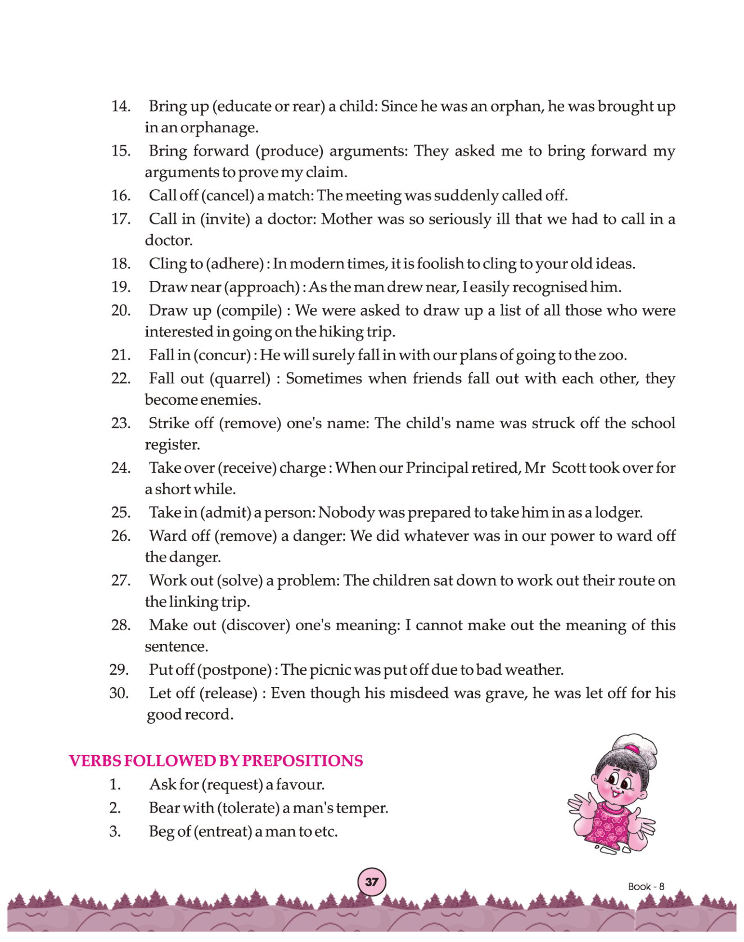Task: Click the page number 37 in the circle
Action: point(372,882)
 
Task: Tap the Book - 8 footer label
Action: point(646,887)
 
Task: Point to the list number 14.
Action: point(120,106)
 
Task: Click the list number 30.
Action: point(119,693)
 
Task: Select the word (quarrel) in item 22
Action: point(240,378)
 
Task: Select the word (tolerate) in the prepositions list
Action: point(249,808)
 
